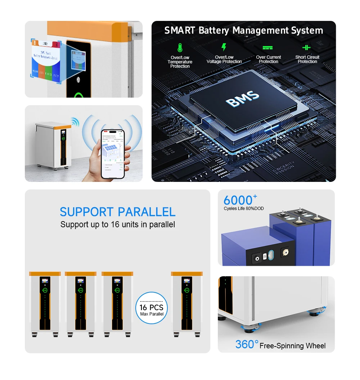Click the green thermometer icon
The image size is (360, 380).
[x=180, y=48]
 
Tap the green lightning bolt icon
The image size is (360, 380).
[x=224, y=47]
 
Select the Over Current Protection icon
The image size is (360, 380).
[x=267, y=48]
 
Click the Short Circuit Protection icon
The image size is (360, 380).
[x=306, y=48]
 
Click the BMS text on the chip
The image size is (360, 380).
[x=242, y=99]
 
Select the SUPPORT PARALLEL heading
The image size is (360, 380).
[x=117, y=212]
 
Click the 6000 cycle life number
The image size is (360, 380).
[x=238, y=200]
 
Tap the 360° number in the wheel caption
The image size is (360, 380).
[x=247, y=345]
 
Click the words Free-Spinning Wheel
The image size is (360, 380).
[x=292, y=346]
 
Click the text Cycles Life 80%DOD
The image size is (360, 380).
[x=244, y=209]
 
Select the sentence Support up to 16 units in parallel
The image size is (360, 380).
[x=117, y=225]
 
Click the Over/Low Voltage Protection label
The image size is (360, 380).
[x=224, y=59]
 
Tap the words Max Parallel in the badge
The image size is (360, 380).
[x=152, y=314]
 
